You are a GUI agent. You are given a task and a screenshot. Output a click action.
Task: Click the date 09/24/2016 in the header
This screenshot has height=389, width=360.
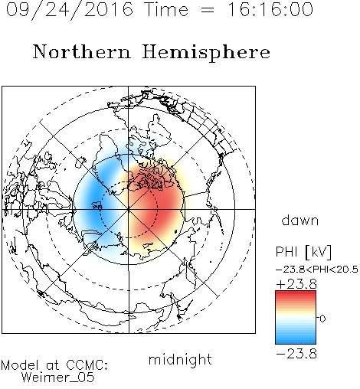pos(70,10)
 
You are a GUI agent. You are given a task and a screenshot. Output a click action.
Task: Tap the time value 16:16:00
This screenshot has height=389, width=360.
pos(270,9)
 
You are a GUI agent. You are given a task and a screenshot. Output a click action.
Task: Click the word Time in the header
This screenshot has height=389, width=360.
pos(166,9)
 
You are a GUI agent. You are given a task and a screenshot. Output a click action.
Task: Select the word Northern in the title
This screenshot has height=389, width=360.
pos(82,51)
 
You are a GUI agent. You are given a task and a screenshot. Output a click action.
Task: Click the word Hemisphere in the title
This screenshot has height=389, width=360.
pos(206,53)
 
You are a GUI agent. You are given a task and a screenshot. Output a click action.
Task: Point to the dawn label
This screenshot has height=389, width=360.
pos(300,220)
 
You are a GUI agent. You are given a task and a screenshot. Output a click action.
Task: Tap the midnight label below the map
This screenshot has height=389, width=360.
pos(180,359)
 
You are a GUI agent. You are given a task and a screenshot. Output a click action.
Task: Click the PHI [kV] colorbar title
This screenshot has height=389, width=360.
pos(303,252)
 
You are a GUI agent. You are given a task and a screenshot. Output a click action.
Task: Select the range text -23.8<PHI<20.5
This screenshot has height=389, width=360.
pos(317,270)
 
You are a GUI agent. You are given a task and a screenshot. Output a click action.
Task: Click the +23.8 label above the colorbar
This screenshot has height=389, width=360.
pos(296,284)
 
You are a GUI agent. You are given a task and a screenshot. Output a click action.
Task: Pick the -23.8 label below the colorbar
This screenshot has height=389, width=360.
pos(296,354)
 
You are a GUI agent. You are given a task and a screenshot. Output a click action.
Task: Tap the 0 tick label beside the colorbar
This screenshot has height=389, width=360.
pos(322,319)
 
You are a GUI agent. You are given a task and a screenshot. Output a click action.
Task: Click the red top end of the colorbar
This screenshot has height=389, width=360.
pos(296,293)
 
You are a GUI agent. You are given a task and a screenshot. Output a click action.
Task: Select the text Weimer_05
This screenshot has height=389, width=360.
pos(58,378)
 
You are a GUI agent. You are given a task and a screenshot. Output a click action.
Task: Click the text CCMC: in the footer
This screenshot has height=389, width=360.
pos(87,365)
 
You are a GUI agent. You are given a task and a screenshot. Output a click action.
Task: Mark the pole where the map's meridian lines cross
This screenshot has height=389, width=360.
pos(129,209)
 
